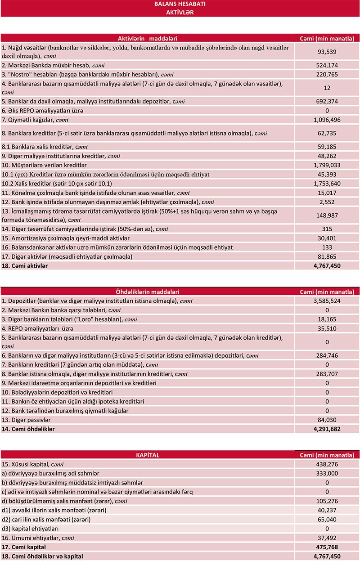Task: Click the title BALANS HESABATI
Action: [180, 4]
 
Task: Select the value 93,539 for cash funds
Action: [327, 52]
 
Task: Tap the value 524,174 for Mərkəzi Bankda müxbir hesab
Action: [327, 66]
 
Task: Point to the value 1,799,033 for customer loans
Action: [327, 165]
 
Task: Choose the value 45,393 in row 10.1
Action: [327, 174]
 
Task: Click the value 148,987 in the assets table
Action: [327, 215]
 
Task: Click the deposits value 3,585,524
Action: [327, 300]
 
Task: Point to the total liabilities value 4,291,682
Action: [327, 429]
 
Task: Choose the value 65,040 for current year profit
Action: [327, 519]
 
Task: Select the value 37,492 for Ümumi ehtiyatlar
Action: [327, 538]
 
